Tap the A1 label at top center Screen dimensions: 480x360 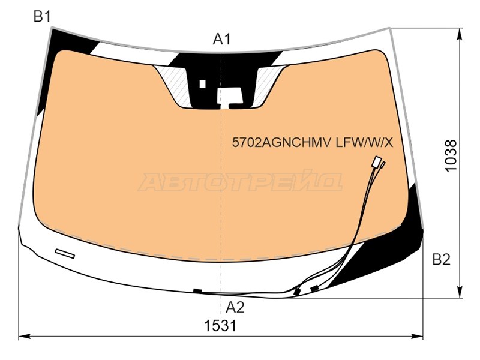click(221, 39)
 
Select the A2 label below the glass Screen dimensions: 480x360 click(235, 307)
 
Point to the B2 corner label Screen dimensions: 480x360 click(441, 260)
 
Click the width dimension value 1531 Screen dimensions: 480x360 click(220, 326)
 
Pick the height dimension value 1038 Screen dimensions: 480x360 click(451, 156)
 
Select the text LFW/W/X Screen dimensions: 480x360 click(364, 142)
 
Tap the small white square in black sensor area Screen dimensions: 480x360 click(202, 83)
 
